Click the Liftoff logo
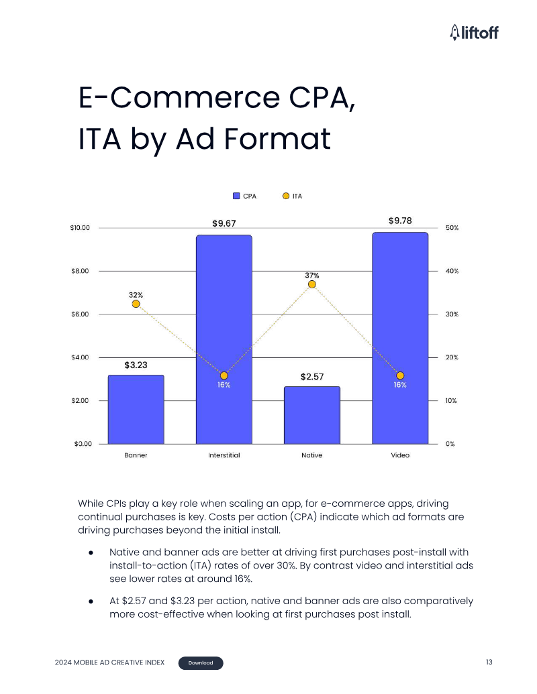(x=474, y=32)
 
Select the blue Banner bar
(x=136, y=410)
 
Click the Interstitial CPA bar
(x=224, y=339)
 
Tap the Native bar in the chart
(x=312, y=415)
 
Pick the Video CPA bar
(x=400, y=338)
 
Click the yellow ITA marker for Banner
(x=136, y=304)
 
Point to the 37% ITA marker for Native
(x=312, y=284)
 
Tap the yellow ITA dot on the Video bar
(x=400, y=375)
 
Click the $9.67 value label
(x=224, y=223)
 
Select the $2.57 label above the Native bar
(x=312, y=377)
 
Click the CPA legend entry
(x=244, y=196)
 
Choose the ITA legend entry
(x=293, y=196)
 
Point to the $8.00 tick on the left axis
(x=80, y=271)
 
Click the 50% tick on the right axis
(x=452, y=228)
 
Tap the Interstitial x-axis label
(x=224, y=455)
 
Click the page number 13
(x=489, y=662)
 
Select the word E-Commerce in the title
(x=179, y=98)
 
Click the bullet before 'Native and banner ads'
(x=91, y=553)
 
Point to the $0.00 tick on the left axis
(x=83, y=444)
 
